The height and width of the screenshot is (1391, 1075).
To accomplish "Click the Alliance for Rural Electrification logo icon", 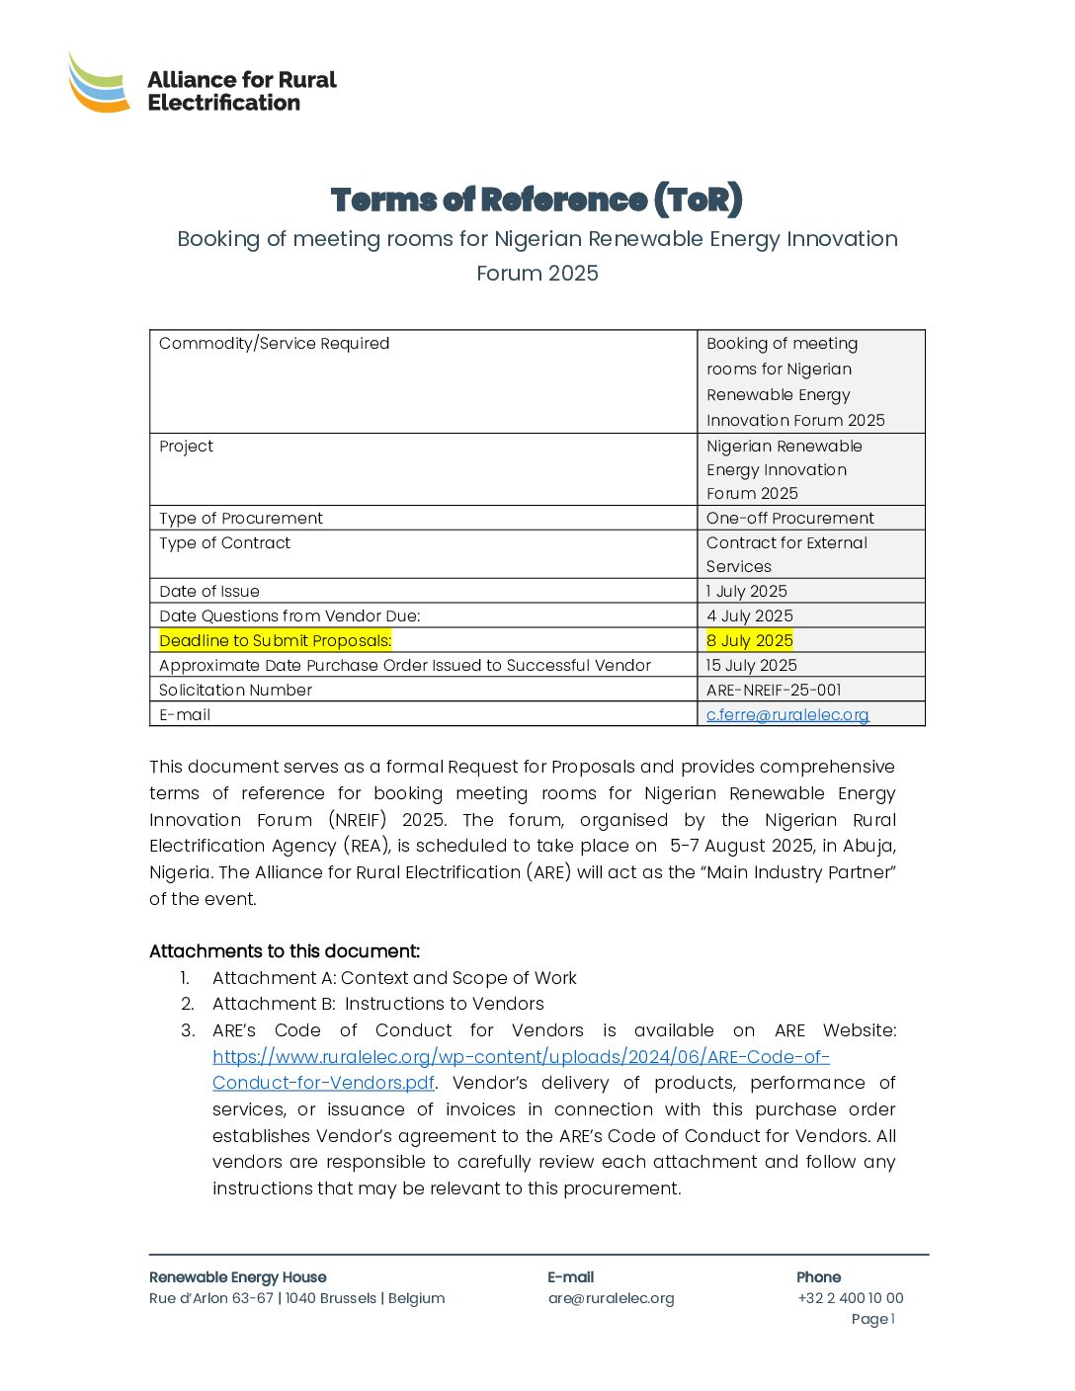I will coord(99,83).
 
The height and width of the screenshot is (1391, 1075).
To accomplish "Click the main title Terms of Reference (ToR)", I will coord(537,200).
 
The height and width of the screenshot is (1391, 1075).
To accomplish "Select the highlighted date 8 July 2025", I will coord(750,640).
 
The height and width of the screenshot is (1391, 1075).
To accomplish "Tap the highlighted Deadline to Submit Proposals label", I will coord(276,640).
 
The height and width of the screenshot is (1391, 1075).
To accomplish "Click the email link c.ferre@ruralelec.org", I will coord(787,714).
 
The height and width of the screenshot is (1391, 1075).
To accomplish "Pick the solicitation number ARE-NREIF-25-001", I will coord(774,690).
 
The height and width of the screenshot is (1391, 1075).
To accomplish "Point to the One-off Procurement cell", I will coord(789,518).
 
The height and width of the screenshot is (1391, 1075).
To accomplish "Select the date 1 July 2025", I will coord(747,591).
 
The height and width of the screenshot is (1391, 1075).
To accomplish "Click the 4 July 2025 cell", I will coord(750,615).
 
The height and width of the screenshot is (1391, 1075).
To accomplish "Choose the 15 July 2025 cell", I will coord(752,665).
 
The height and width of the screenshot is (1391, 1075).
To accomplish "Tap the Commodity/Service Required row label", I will coord(275,343).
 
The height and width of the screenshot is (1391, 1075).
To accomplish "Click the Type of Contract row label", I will coord(225,542).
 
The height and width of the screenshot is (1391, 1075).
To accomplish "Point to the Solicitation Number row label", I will coord(235,690).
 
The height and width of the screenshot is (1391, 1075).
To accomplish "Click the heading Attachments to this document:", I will coord(285,951).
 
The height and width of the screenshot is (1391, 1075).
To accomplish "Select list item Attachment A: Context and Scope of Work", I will coord(394,978).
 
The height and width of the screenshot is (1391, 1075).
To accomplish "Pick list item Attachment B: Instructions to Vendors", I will coord(378,1004).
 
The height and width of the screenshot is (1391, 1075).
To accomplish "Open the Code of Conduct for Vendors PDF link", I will coord(521,1057).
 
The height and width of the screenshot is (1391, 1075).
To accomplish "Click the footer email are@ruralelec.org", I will coord(611,1298).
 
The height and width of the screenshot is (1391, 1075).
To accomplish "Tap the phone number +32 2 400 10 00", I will coord(850,1298).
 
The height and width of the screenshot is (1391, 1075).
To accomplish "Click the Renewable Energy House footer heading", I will coord(237,1277).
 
